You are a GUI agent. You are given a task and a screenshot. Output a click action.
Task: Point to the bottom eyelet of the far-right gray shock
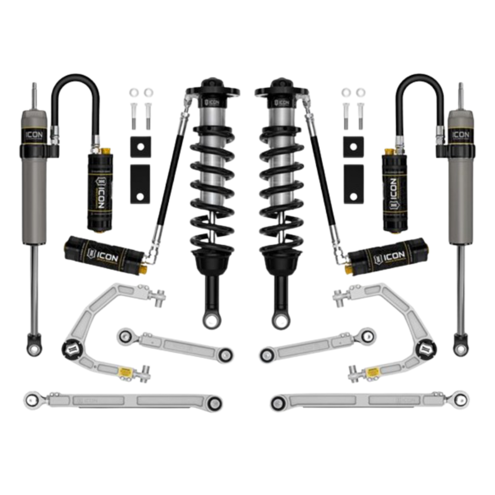click(461, 348)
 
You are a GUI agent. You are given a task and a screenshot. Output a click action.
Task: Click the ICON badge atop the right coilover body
click(282, 103)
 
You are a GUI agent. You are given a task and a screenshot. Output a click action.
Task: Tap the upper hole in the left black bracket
click(140, 147)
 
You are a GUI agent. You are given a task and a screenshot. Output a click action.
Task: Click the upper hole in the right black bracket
click(353, 147)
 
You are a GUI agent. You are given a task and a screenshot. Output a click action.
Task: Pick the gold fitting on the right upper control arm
click(371, 371)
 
